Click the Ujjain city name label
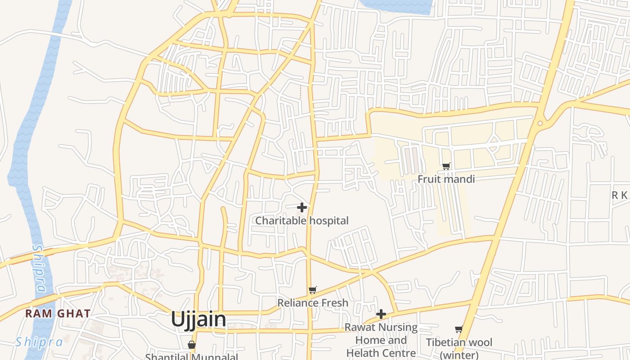tap(198, 319)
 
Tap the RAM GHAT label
tap(58, 313)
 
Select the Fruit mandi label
tap(446, 179)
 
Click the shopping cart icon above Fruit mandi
tap(446, 166)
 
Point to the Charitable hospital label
tap(302, 220)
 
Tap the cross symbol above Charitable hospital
tap(302, 207)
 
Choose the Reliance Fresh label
tap(313, 303)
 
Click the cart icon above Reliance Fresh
tap(313, 290)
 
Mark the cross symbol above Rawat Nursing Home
tap(381, 314)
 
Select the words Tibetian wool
tap(459, 342)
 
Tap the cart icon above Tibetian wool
tap(459, 329)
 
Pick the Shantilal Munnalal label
tap(192, 357)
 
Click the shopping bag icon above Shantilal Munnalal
tap(192, 345)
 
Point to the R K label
tap(619, 195)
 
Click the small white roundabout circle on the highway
tap(540, 123)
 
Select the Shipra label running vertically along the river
tap(40, 268)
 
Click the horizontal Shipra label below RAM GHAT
tap(39, 342)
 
